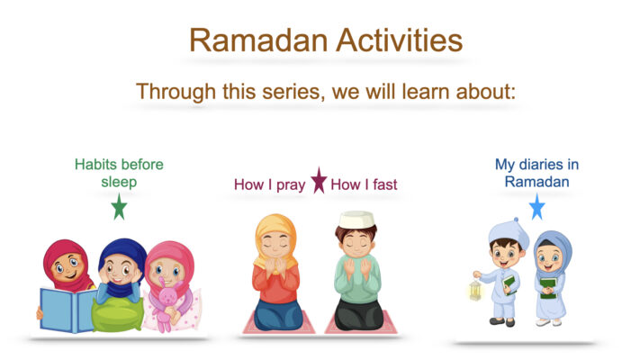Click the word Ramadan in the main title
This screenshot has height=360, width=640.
pyautogui.click(x=258, y=40)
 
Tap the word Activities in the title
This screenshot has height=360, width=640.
pyautogui.click(x=400, y=40)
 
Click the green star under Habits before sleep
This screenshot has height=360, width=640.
pyautogui.click(x=119, y=206)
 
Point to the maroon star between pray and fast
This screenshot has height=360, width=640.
pyautogui.click(x=319, y=180)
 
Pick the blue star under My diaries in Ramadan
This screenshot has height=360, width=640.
pyautogui.click(x=537, y=206)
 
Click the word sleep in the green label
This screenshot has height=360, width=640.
pyautogui.click(x=119, y=182)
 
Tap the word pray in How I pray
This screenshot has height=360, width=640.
pyautogui.click(x=291, y=185)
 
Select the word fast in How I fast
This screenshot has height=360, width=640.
pyautogui.click(x=385, y=184)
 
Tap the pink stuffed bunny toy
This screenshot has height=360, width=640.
pyautogui.click(x=167, y=303)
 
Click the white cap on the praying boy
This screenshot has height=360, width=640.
pyautogui.click(x=356, y=220)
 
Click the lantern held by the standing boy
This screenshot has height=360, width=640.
pyautogui.click(x=475, y=290)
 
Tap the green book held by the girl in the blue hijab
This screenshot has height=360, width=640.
pyautogui.click(x=548, y=288)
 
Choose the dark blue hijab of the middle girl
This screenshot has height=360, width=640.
pyautogui.click(x=122, y=258)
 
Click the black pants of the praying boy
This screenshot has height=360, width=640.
pyautogui.click(x=359, y=314)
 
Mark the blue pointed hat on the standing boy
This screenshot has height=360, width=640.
pyautogui.click(x=509, y=233)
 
